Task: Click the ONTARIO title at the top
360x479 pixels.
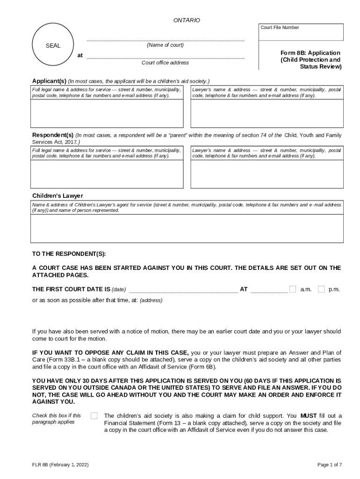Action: click(186, 20)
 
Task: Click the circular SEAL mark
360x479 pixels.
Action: click(53, 46)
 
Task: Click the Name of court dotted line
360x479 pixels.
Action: click(166, 40)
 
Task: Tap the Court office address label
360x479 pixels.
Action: click(165, 63)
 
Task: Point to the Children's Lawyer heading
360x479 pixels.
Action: click(58, 196)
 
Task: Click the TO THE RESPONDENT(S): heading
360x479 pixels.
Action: click(69, 254)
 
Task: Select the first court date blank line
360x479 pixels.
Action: click(183, 290)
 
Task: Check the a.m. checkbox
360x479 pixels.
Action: click(293, 289)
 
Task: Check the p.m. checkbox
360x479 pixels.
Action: click(321, 289)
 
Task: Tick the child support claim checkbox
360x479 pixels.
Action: click(94, 415)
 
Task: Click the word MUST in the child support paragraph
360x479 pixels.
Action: click(309, 415)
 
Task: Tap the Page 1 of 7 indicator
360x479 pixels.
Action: click(330, 464)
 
